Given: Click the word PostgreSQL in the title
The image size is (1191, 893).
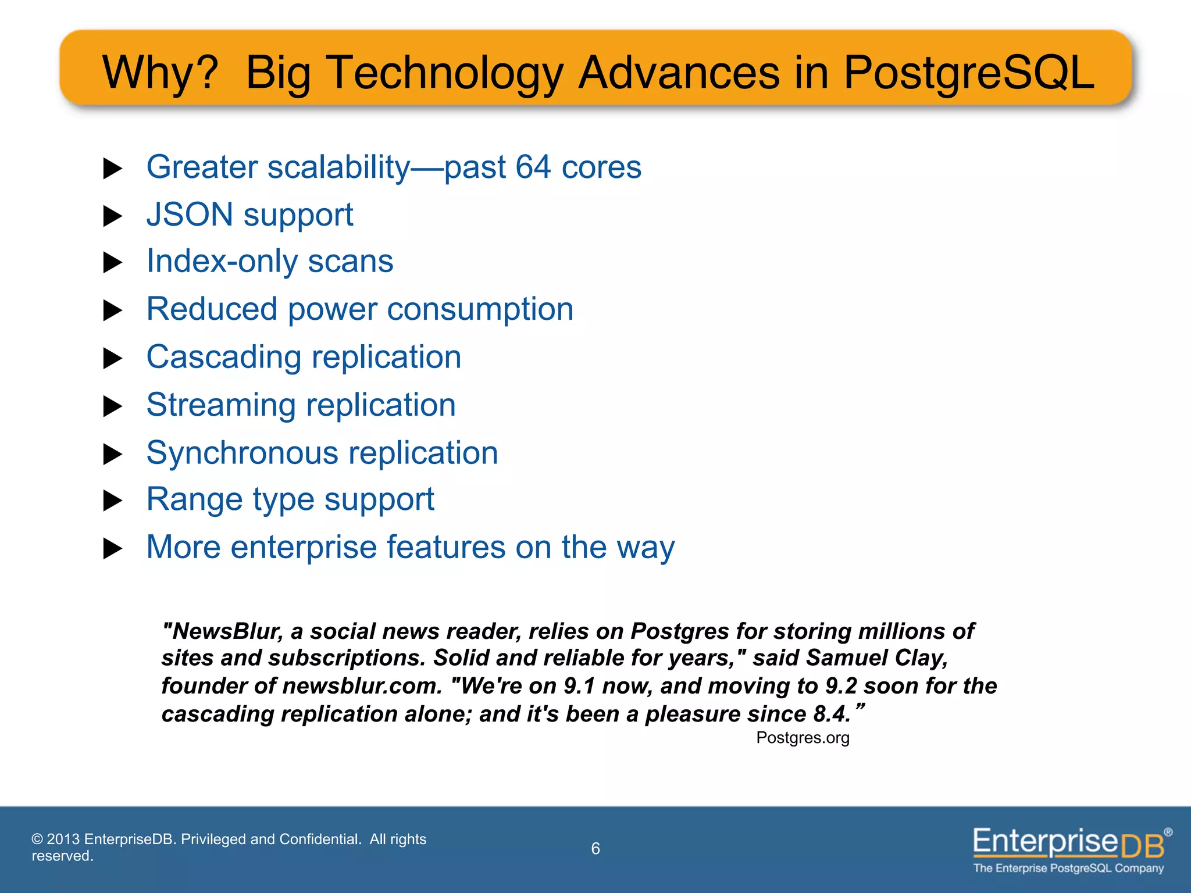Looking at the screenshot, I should click(x=968, y=73).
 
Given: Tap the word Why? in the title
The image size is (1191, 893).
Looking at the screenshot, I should click(x=160, y=73).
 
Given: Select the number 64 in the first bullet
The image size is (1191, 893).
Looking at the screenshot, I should click(x=533, y=167).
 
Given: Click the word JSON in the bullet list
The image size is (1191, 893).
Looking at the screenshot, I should click(x=190, y=215).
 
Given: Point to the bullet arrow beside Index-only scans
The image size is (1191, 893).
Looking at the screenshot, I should click(x=112, y=263).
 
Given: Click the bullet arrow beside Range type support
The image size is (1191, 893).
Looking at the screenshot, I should click(x=112, y=501).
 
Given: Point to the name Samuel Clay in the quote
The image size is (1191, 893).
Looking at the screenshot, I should click(x=877, y=658).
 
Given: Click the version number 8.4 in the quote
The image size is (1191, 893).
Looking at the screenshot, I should click(x=832, y=714).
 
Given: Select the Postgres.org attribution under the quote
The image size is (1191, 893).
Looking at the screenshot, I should click(x=803, y=738).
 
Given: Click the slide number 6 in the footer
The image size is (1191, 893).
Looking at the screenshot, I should click(x=595, y=849).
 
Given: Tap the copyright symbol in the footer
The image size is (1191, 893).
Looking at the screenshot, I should click(x=37, y=840).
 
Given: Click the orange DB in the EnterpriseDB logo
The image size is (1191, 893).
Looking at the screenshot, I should click(x=1142, y=846).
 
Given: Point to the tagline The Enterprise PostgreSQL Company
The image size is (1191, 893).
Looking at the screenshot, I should click(x=1068, y=869).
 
